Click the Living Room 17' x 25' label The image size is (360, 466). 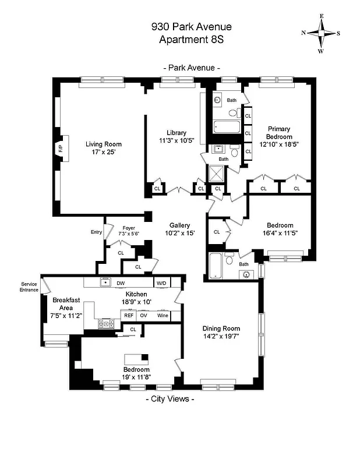(104, 148)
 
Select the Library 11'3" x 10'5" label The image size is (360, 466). (176, 136)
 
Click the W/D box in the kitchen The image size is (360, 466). (161, 283)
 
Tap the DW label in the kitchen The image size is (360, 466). (121, 283)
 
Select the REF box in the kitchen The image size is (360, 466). (129, 315)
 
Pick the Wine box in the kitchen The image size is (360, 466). (164, 315)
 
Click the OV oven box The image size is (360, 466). (143, 315)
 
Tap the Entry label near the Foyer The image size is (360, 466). (96, 232)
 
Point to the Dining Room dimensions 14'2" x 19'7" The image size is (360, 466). (221, 336)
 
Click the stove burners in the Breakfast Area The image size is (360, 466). (106, 324)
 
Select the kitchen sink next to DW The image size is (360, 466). (105, 283)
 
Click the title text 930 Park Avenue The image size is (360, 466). (191, 27)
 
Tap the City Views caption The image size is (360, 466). (169, 400)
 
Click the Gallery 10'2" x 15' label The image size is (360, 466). (179, 229)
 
